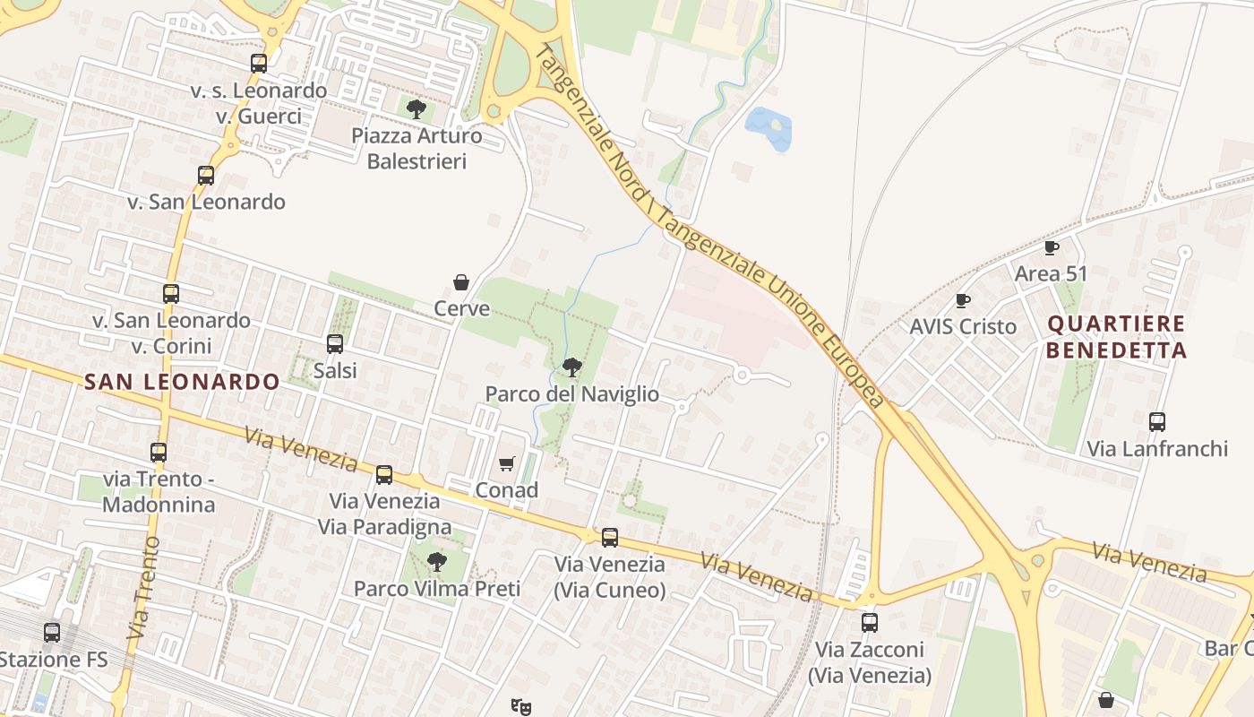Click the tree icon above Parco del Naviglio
(x=571, y=367)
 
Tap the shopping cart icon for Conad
(x=507, y=463)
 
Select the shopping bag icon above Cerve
(x=461, y=282)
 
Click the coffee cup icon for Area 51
(x=1051, y=247)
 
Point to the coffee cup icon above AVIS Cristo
(x=963, y=300)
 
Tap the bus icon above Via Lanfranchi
(x=1157, y=421)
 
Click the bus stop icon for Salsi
(x=335, y=343)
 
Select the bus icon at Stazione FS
(x=52, y=633)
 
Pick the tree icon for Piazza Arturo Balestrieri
(x=416, y=109)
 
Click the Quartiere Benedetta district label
(x=1116, y=337)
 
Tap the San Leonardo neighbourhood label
(x=182, y=382)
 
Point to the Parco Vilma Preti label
(x=437, y=589)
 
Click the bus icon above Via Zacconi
(x=869, y=622)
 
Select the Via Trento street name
(x=144, y=587)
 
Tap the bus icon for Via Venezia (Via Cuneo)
(x=610, y=538)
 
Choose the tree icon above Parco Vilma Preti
(x=436, y=562)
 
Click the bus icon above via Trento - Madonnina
(x=159, y=453)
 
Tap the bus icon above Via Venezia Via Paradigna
(x=384, y=474)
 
